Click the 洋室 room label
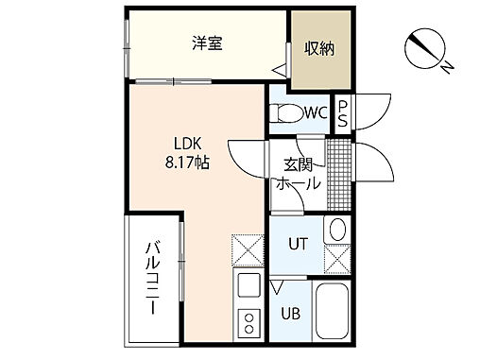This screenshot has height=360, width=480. (207, 43)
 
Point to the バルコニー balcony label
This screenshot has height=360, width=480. (152, 281)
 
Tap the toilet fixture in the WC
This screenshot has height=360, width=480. (284, 113)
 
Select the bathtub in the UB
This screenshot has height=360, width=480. (331, 312)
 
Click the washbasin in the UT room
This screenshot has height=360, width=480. (337, 230)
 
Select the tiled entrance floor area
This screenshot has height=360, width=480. (336, 168)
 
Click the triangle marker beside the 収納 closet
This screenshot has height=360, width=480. (280, 70)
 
